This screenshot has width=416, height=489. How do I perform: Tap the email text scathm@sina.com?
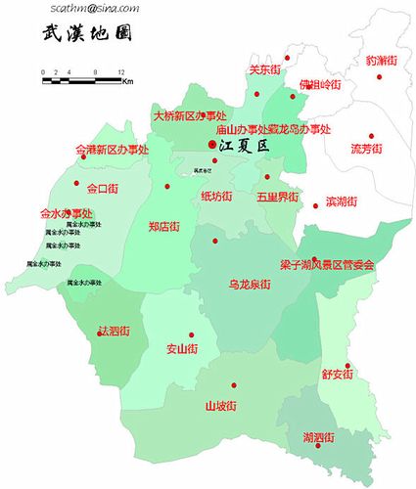tap(98, 8)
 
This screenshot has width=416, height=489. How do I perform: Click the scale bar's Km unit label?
tap(127, 82)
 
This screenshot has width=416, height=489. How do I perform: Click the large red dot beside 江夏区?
tap(212, 145)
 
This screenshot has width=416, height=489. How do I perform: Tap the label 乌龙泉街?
tap(250, 285)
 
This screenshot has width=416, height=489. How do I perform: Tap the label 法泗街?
tap(114, 332)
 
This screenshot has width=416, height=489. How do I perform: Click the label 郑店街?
tap(163, 227)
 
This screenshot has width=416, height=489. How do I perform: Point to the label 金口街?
tap(103, 189)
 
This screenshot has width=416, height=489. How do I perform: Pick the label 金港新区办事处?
tap(112, 151)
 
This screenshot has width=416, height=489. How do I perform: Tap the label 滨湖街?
tap(341, 201)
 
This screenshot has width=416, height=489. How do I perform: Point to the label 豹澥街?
tap(381, 61)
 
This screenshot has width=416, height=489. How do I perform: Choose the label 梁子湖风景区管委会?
tap(327, 265)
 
